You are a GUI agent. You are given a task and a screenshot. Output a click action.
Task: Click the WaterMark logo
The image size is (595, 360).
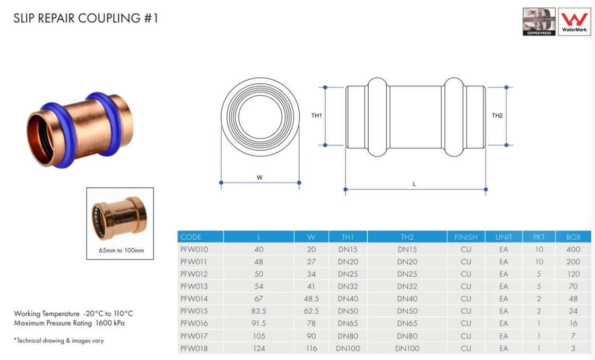point(574,21)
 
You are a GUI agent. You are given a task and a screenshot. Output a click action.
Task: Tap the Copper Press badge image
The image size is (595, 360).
point(539,21)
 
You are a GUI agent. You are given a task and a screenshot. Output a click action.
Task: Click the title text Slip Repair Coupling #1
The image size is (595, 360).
point(86,19)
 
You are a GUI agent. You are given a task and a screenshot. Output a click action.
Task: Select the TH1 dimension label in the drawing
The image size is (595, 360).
point(317,116)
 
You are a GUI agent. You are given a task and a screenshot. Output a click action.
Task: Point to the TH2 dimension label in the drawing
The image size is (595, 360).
point(497,116)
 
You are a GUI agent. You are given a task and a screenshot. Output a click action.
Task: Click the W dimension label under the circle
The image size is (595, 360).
point(260,177)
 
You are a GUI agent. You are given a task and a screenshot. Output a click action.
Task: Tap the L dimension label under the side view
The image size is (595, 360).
point(414,184)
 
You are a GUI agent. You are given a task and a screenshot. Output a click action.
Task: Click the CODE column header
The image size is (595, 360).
point(191,237)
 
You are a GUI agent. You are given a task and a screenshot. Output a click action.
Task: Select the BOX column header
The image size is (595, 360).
point(573,237)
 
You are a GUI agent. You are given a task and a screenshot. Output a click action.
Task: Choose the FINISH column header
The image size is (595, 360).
point(466,237)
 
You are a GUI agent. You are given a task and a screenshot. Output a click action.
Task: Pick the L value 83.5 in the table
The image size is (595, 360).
point(259,311)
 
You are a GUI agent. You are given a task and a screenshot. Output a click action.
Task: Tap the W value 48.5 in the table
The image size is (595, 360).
point(311,299)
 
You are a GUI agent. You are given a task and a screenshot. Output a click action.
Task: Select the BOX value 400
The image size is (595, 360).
point(573,249)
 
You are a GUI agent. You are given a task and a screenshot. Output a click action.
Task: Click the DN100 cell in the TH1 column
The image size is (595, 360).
point(348,349)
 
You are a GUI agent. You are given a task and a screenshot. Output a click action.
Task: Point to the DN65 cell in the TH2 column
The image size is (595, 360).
point(407,323)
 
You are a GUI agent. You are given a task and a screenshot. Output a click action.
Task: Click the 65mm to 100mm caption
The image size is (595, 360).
point(121,251)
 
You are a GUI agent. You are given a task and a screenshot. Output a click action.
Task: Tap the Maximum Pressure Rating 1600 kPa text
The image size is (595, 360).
point(69,323)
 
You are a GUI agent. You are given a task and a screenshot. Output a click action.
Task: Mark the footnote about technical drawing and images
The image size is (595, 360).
point(59,340)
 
